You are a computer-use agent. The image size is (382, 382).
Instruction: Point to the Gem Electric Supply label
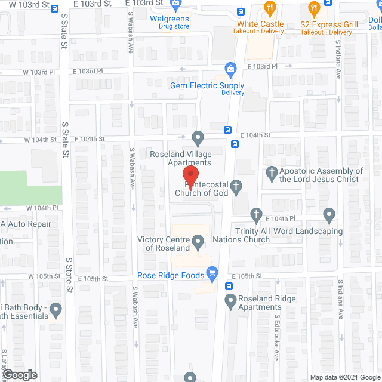tap(207, 85)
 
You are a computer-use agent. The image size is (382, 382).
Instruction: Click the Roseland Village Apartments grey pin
tap(198, 138)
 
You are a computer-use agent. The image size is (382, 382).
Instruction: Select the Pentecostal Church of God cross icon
tap(236, 188)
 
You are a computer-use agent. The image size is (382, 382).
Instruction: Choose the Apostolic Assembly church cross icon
tap(271, 174)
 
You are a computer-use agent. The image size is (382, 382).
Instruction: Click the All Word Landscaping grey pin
tap(329, 214)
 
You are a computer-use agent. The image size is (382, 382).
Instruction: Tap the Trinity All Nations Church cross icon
tap(257, 214)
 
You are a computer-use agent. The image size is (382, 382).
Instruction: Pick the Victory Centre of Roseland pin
tap(199, 242)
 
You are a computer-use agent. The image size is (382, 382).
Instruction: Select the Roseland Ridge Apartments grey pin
tap(230, 303)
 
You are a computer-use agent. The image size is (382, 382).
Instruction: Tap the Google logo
tap(20, 375)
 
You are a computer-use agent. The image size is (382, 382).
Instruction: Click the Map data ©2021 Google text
tap(344, 377)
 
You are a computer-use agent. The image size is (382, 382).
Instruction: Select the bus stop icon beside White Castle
tap(241, 11)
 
